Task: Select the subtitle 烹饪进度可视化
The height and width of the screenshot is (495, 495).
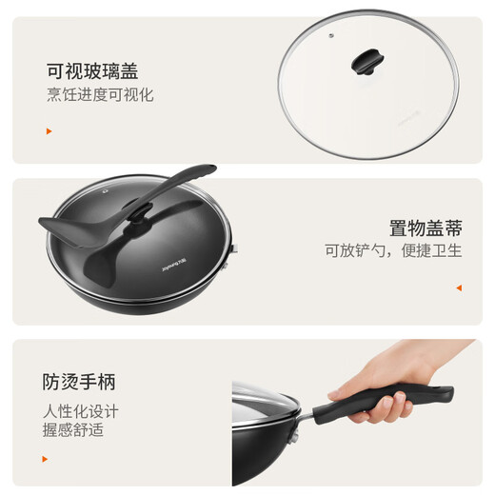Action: [x=100, y=95]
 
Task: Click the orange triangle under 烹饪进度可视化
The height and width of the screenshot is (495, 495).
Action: [x=49, y=131]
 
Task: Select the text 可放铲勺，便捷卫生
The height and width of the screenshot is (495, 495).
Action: [x=393, y=252]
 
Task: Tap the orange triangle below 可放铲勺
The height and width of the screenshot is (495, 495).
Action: [x=458, y=287]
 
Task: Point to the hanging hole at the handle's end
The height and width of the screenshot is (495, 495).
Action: [x=441, y=390]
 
